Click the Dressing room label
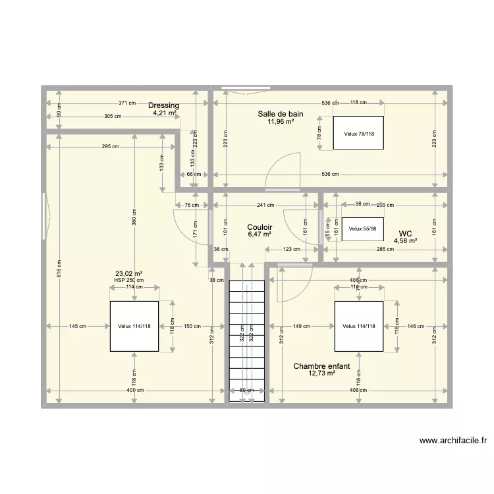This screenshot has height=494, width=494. pyautogui.click(x=163, y=105)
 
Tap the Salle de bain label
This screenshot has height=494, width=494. pyautogui.click(x=281, y=114)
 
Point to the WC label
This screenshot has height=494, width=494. pyautogui.click(x=406, y=233)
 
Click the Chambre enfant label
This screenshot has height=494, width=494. pyautogui.click(x=321, y=366)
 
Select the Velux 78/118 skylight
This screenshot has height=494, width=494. pyautogui.click(x=358, y=134)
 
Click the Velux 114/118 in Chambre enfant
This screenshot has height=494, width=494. pyautogui.click(x=359, y=326)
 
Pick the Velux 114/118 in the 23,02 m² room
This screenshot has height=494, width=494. pyautogui.click(x=134, y=326)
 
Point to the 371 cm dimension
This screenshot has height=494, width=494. pyautogui.click(x=127, y=103)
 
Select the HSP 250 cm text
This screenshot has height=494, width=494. pyautogui.click(x=128, y=280)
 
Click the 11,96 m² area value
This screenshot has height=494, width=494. pyautogui.click(x=281, y=122)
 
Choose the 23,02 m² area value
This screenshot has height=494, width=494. pyautogui.click(x=129, y=273)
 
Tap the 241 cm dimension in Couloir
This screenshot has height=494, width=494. pyautogui.click(x=265, y=205)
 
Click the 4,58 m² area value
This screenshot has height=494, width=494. pyautogui.click(x=406, y=241)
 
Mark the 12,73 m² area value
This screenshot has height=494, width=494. pyautogui.click(x=321, y=373)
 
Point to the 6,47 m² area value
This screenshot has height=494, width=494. pyautogui.click(x=260, y=234)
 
